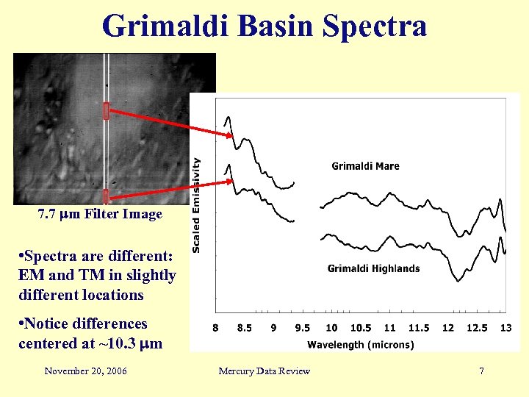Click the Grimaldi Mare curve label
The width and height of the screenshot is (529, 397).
pyautogui.click(x=365, y=166)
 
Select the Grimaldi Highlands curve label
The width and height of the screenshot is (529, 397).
pyautogui.click(x=373, y=268)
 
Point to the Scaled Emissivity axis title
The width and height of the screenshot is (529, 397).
pyautogui.click(x=197, y=207)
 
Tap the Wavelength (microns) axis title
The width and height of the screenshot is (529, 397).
pyautogui.click(x=360, y=344)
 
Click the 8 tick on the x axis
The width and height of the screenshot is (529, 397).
pyautogui.click(x=215, y=328)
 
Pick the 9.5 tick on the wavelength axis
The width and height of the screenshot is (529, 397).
pyautogui.click(x=302, y=328)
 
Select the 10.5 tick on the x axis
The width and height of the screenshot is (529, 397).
pyautogui.click(x=360, y=328)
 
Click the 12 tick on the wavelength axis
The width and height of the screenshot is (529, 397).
pyautogui.click(x=447, y=328)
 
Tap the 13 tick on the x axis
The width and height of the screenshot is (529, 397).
pyautogui.click(x=505, y=328)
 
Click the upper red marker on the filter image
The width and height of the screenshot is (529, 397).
pyautogui.click(x=106, y=111)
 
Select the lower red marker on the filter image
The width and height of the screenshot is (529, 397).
pyautogui.click(x=106, y=196)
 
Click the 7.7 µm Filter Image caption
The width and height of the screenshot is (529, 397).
pyautogui.click(x=99, y=215)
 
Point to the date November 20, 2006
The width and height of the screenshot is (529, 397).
pyautogui.click(x=85, y=371)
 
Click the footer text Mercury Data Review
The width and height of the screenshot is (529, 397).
pyautogui.click(x=264, y=371)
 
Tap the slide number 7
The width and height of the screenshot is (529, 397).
pyautogui.click(x=481, y=371)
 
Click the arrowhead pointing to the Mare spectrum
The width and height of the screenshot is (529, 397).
pyautogui.click(x=230, y=135)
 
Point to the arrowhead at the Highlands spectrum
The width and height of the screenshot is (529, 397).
pyautogui.click(x=230, y=181)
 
